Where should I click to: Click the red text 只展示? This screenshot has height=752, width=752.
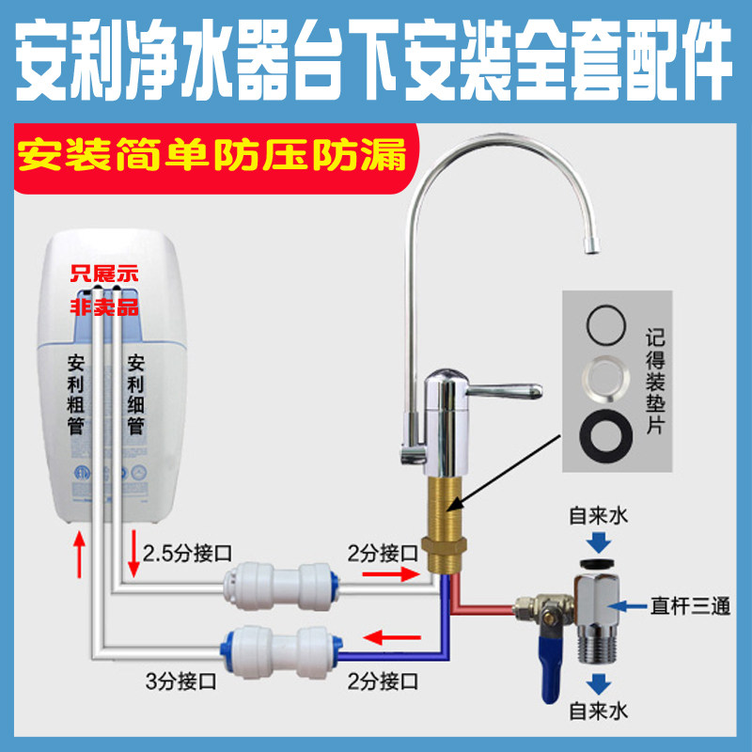click(105, 274)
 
